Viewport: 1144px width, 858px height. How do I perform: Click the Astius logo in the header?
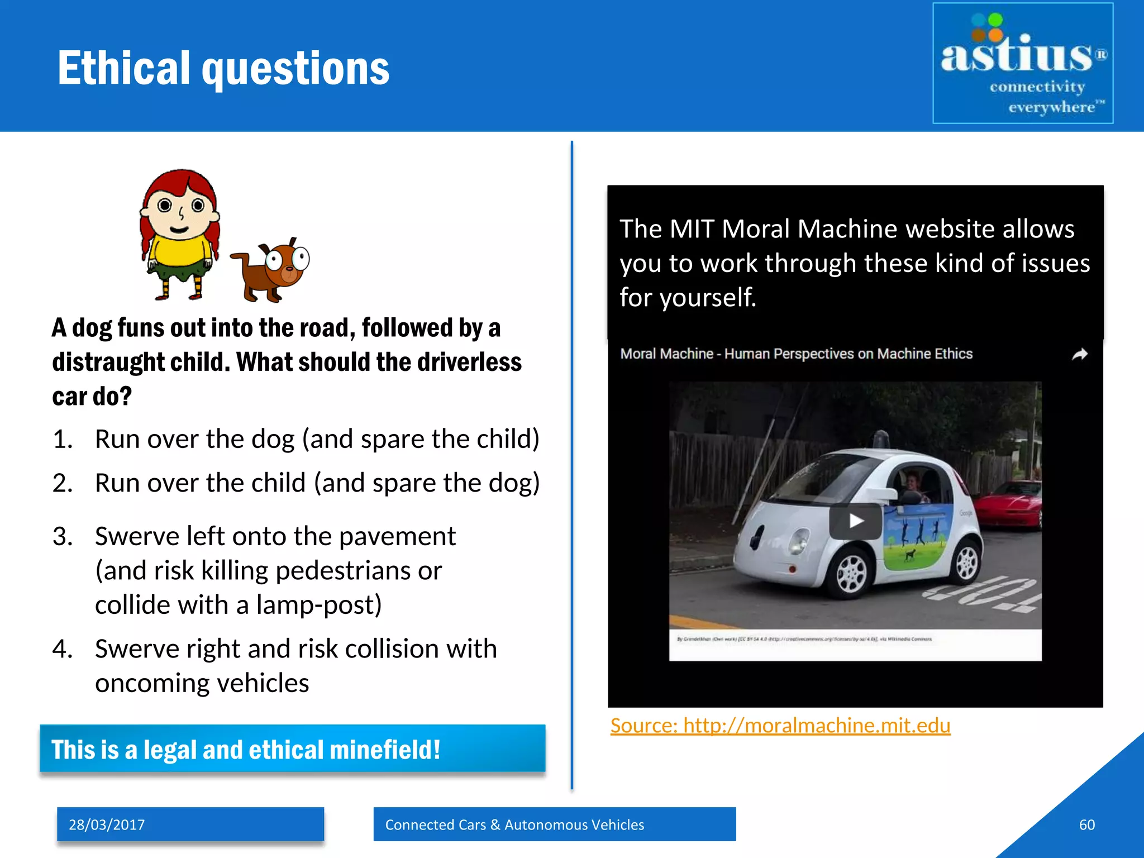[x=1022, y=63]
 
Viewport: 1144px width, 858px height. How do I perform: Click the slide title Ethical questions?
[x=223, y=68]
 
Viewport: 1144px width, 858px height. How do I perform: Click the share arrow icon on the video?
[x=1080, y=354]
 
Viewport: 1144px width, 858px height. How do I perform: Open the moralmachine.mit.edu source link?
[x=780, y=725]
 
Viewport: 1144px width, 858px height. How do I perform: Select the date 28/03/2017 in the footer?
[x=107, y=824]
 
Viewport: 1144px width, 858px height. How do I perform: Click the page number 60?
[x=1086, y=824]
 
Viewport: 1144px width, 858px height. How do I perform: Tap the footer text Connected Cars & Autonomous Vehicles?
[x=514, y=824]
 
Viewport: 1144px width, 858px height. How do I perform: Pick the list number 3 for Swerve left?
[x=62, y=536]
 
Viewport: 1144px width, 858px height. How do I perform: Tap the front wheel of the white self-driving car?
[x=852, y=573]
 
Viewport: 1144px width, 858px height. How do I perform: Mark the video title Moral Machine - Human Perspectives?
[x=796, y=354]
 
